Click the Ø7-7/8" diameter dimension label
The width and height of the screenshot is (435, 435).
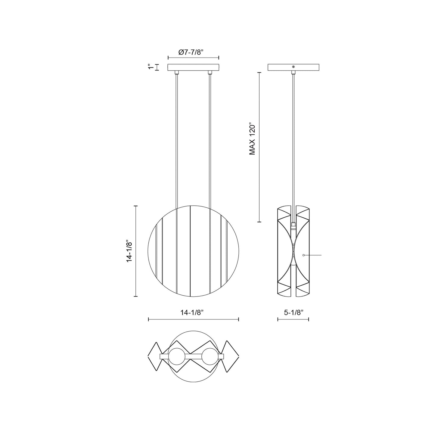pos(191,52)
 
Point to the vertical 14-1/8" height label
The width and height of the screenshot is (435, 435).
pos(129,251)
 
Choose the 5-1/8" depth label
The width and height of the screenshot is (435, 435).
pos(293,313)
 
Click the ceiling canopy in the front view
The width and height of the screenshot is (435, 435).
pos(193,67)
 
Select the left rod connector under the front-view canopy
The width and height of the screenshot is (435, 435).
pos(177,72)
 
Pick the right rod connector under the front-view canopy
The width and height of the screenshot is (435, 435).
pos(210,72)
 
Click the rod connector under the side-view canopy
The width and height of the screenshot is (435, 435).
pos(293,72)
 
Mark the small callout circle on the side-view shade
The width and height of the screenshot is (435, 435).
pos(303,255)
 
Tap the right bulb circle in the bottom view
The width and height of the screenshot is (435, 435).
pos(210,357)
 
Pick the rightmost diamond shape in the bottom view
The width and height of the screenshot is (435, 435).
pos(231,357)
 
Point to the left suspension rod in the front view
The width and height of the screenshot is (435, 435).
pos(177,138)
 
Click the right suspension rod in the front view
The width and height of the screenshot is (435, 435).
pos(210,138)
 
